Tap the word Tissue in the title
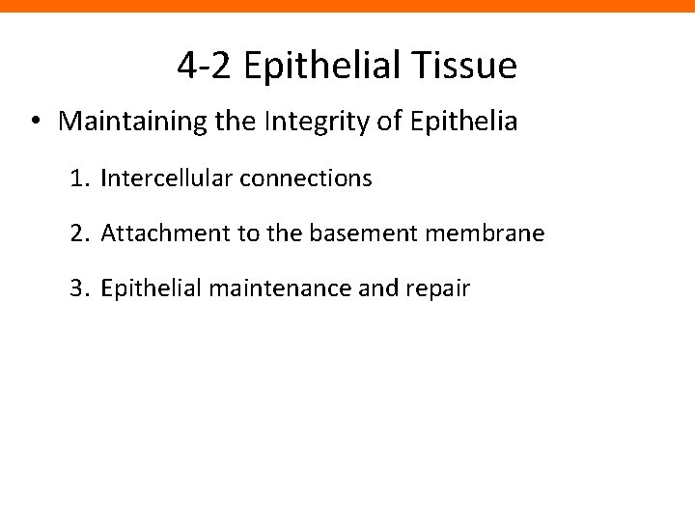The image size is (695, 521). pyautogui.click(x=468, y=66)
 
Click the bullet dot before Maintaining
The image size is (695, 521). pyautogui.click(x=34, y=123)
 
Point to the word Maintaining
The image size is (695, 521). pyautogui.click(x=125, y=122)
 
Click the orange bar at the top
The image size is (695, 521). pyautogui.click(x=347, y=6)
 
